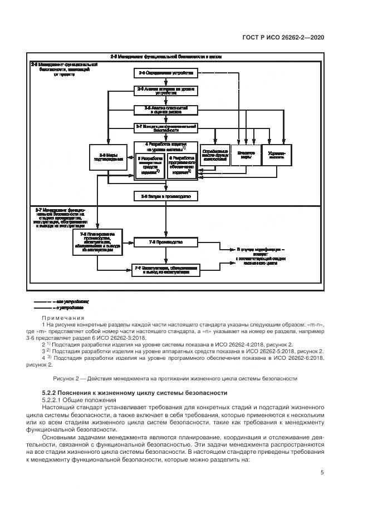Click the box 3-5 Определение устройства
pos(165,73)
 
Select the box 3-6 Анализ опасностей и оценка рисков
pos(165,108)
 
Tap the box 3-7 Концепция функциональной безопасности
pos(165,127)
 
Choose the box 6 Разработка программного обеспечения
pos(181,165)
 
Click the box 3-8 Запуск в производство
pos(165,196)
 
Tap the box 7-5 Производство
pos(165,243)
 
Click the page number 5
pos(323,472)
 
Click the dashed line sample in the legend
pos(44,300)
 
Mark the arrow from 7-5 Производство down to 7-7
pos(165,256)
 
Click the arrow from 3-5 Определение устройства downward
pos(165,81)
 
